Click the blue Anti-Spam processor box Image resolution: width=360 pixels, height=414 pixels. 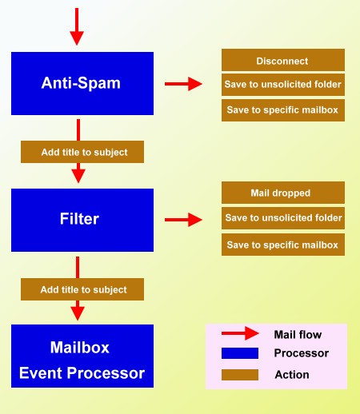click(x=82, y=84)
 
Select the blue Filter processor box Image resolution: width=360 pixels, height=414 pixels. click(x=82, y=220)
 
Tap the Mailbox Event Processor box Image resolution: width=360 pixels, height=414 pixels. click(x=82, y=356)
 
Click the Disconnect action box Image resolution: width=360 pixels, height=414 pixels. click(x=283, y=60)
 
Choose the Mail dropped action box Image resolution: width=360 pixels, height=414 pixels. click(x=283, y=193)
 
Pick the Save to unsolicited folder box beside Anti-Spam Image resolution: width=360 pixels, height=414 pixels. click(x=283, y=85)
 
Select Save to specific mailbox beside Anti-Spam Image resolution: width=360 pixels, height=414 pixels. click(x=283, y=110)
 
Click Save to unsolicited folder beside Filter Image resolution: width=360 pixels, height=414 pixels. click(x=283, y=218)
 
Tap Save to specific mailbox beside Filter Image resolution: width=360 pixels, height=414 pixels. click(x=283, y=245)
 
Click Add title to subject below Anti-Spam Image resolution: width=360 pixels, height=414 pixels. click(x=82, y=152)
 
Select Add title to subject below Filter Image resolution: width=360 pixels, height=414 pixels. click(x=82, y=289)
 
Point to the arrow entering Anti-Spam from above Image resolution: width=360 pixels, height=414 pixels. click(x=77, y=26)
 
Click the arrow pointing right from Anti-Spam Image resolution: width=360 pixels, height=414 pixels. click(x=183, y=84)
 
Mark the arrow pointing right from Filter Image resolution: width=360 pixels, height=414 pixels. click(x=183, y=220)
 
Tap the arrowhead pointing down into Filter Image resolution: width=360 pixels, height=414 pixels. click(x=78, y=176)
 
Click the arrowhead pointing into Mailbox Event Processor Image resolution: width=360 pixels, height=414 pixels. click(x=78, y=313)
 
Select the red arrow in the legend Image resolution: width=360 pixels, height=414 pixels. click(x=240, y=333)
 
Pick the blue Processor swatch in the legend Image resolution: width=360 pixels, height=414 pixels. click(x=240, y=353)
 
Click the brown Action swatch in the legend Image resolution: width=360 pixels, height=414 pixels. click(x=240, y=375)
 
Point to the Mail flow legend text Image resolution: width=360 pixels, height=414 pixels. click(x=298, y=335)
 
